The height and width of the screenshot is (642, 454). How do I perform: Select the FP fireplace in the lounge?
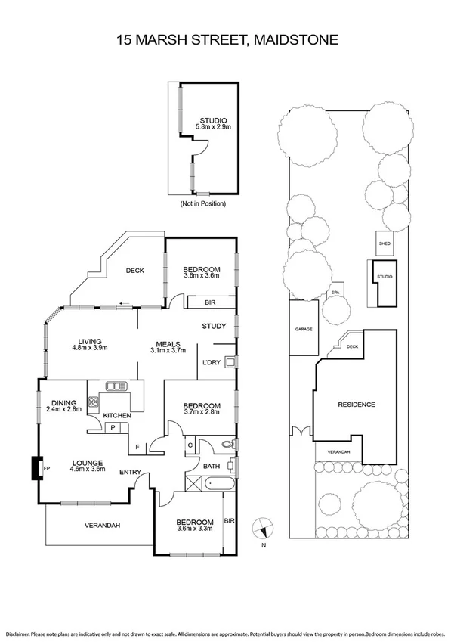click(36, 469)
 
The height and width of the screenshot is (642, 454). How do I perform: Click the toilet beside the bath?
click(228, 445)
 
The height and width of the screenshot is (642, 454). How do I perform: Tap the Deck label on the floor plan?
click(135, 271)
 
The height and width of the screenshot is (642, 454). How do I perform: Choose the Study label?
click(215, 327)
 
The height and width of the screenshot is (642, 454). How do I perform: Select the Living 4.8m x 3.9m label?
click(90, 344)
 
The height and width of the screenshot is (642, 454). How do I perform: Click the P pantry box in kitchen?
click(112, 427)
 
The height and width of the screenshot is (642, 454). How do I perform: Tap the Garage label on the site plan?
click(303, 330)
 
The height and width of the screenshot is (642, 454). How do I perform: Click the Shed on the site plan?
click(385, 243)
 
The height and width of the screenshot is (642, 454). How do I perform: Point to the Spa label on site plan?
click(335, 293)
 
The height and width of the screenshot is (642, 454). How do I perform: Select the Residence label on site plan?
click(356, 405)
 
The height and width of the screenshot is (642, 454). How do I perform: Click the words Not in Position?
click(202, 204)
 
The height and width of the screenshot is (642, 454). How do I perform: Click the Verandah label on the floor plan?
click(101, 525)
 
